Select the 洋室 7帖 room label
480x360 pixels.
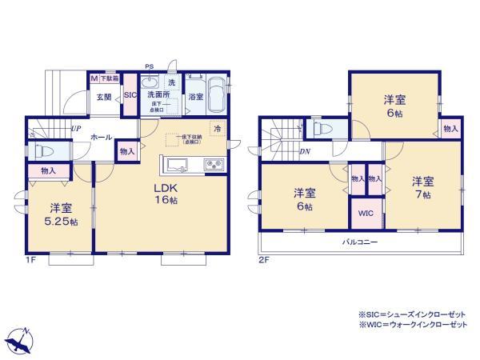(422, 187)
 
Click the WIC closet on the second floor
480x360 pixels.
(364, 214)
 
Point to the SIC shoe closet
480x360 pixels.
(131, 95)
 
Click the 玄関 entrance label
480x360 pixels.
(104, 98)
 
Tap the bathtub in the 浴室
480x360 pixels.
(214, 91)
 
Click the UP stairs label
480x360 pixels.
(74, 129)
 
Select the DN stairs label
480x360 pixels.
(305, 150)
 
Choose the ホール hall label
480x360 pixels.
(101, 137)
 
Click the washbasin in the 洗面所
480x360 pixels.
(150, 83)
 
